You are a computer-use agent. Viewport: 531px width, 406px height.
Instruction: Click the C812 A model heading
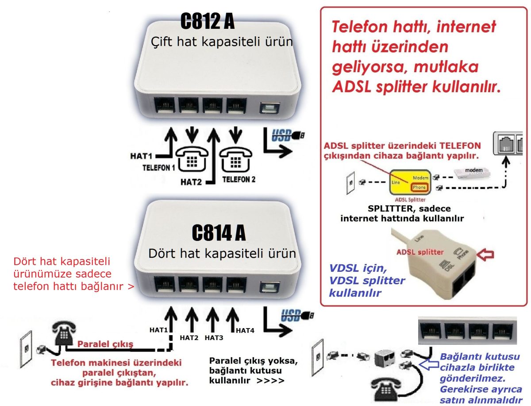point(208,21)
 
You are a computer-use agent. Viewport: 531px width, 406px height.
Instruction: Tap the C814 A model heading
point(219,232)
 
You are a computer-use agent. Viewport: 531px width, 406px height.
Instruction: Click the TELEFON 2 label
point(239,179)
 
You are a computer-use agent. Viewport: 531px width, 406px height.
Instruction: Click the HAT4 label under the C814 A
point(245,330)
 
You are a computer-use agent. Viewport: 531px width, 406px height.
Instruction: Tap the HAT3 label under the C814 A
point(214,338)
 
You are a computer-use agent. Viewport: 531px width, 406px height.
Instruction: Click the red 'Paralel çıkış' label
point(105,344)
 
